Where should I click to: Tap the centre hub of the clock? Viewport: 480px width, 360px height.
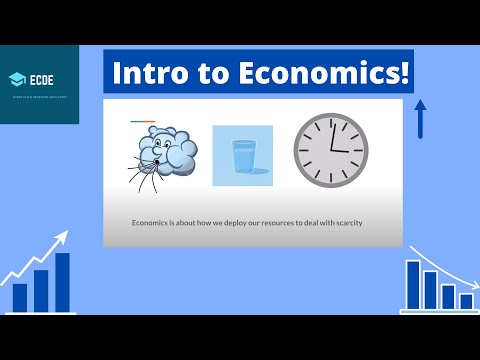coord(332,150)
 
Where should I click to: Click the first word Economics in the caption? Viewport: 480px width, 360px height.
coord(153,222)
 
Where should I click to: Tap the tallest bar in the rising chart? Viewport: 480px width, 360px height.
coord(62,282)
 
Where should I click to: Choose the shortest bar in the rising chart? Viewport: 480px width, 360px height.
coord(20,297)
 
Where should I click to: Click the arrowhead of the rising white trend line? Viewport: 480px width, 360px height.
coord(65,236)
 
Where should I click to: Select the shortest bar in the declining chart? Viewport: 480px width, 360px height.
coord(466,301)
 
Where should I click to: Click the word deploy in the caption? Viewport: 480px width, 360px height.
coord(214,222)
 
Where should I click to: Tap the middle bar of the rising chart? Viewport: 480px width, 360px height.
coord(41,290)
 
